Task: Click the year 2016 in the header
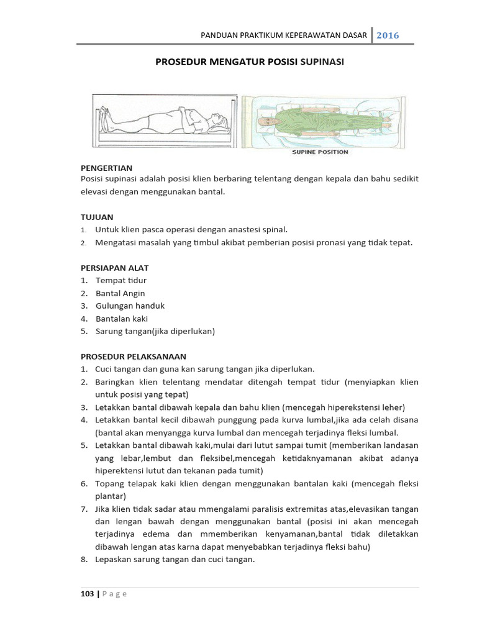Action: click(x=388, y=35)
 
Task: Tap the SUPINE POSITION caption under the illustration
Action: click(x=320, y=152)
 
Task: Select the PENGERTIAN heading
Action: click(x=106, y=168)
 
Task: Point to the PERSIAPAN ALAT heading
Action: click(x=115, y=268)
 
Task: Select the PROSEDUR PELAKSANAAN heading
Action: click(x=134, y=357)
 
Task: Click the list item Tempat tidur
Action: click(x=121, y=281)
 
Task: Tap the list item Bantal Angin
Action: click(x=120, y=293)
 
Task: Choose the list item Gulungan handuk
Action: click(x=130, y=306)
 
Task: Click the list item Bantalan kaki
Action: click(x=122, y=319)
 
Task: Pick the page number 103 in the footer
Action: click(x=87, y=594)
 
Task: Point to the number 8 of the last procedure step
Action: click(x=83, y=560)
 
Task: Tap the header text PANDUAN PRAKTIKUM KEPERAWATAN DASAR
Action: click(x=284, y=35)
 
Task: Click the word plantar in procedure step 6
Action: click(x=111, y=496)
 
